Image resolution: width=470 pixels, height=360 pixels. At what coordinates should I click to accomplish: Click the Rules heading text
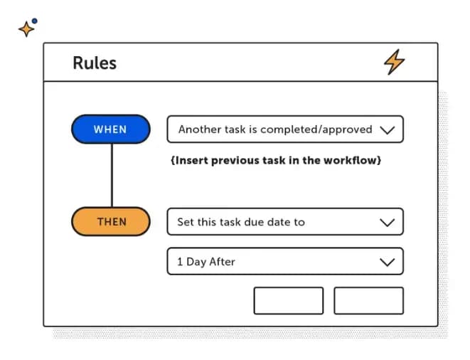click(95, 63)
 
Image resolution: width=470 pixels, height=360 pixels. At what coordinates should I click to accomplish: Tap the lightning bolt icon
click(394, 62)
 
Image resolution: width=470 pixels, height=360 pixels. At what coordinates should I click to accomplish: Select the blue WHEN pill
click(110, 129)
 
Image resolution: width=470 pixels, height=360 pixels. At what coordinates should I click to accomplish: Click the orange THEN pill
click(111, 222)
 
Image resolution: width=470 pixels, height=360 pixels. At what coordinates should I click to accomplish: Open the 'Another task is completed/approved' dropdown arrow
click(387, 130)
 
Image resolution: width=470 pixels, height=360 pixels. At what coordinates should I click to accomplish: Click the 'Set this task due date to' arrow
click(387, 222)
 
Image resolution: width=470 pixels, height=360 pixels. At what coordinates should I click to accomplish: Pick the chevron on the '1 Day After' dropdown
click(387, 262)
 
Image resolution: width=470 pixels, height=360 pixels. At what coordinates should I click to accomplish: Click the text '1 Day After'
click(206, 262)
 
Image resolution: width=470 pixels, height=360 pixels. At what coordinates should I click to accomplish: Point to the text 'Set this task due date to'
click(241, 222)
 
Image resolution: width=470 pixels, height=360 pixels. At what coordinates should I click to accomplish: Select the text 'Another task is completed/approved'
click(275, 129)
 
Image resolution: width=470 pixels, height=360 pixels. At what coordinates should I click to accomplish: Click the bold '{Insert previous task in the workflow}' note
click(276, 161)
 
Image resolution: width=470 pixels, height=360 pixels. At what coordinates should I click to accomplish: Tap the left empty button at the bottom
click(288, 300)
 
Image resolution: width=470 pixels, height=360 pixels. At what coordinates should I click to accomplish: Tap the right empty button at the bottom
click(368, 300)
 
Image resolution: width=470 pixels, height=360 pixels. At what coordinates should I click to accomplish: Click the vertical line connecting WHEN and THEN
click(111, 175)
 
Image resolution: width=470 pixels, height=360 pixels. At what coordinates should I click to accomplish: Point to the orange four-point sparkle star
click(26, 29)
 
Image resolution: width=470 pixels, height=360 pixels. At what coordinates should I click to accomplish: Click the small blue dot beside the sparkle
click(36, 21)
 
